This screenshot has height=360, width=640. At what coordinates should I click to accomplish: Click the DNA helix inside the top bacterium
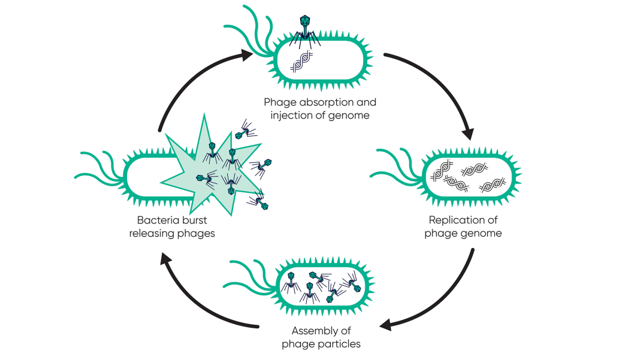301,61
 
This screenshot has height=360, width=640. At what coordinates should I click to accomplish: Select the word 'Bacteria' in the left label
156,220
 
